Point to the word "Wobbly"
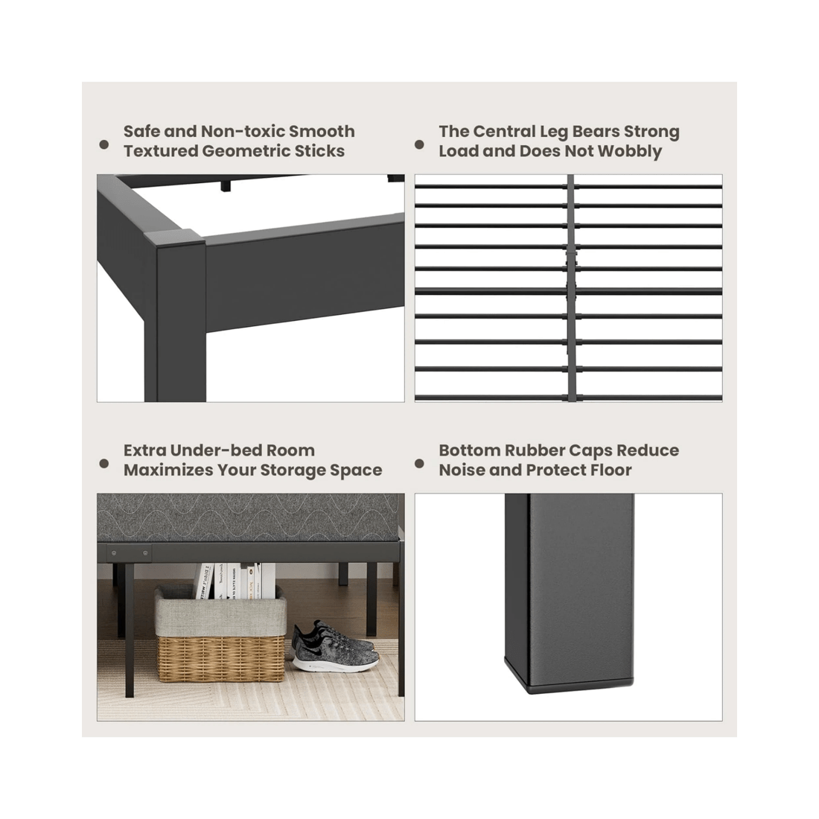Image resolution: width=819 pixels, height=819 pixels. [x=629, y=151]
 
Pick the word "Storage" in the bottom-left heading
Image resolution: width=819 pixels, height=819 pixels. [x=294, y=471]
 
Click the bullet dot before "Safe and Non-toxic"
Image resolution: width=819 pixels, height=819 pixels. [x=104, y=144]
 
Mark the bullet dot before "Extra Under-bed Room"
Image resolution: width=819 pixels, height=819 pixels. [x=104, y=463]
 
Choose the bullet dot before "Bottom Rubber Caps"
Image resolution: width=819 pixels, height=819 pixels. [x=420, y=463]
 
